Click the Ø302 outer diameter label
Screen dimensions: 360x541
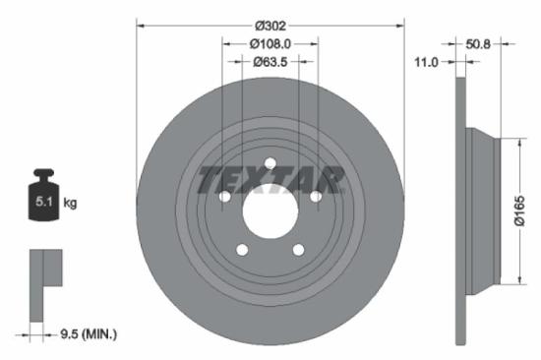click(x=270, y=26)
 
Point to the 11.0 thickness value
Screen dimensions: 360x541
click(x=427, y=61)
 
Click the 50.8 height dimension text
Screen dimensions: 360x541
click(x=478, y=43)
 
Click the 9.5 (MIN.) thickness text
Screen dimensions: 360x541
click(x=86, y=334)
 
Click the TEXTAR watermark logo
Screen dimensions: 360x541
click(x=270, y=181)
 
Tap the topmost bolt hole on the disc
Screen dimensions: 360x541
click(x=270, y=164)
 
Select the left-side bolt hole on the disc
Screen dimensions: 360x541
click(x=224, y=198)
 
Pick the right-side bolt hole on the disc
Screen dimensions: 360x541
click(x=316, y=198)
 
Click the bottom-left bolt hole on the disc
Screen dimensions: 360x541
click(x=242, y=251)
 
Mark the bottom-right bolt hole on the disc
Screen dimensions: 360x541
click(x=298, y=251)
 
